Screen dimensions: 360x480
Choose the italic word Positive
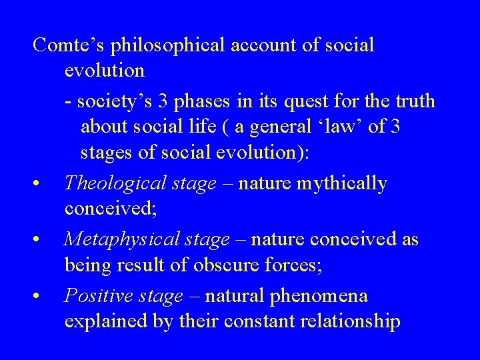click(x=96, y=295)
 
